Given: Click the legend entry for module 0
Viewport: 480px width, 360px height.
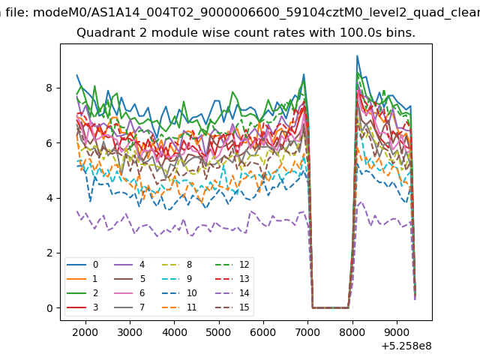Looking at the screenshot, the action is point(82,265).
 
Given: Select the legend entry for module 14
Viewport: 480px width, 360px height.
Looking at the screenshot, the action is point(232,293).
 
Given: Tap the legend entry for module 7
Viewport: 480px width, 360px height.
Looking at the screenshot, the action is point(130,307).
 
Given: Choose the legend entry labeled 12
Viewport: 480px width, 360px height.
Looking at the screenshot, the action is point(232,265).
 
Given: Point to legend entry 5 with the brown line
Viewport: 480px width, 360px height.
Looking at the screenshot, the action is point(130,278).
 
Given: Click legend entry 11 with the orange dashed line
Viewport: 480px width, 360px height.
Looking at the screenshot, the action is point(178,307).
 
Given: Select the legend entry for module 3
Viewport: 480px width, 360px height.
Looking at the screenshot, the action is point(82,307).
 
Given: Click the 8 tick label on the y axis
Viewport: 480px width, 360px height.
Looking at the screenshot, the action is point(49,88).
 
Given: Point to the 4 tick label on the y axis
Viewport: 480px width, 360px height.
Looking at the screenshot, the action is point(49,198).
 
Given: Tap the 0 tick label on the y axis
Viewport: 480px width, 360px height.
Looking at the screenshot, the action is point(49,308).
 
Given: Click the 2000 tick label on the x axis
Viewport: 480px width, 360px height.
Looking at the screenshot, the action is point(85,332).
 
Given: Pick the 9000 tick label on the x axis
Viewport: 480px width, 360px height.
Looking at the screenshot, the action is point(397,332).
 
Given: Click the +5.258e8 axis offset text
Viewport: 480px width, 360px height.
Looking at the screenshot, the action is point(406,346).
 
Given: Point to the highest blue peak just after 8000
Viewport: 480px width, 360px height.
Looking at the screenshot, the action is point(357,56).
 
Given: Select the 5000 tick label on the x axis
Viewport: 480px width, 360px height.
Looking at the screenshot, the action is point(219,332).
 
